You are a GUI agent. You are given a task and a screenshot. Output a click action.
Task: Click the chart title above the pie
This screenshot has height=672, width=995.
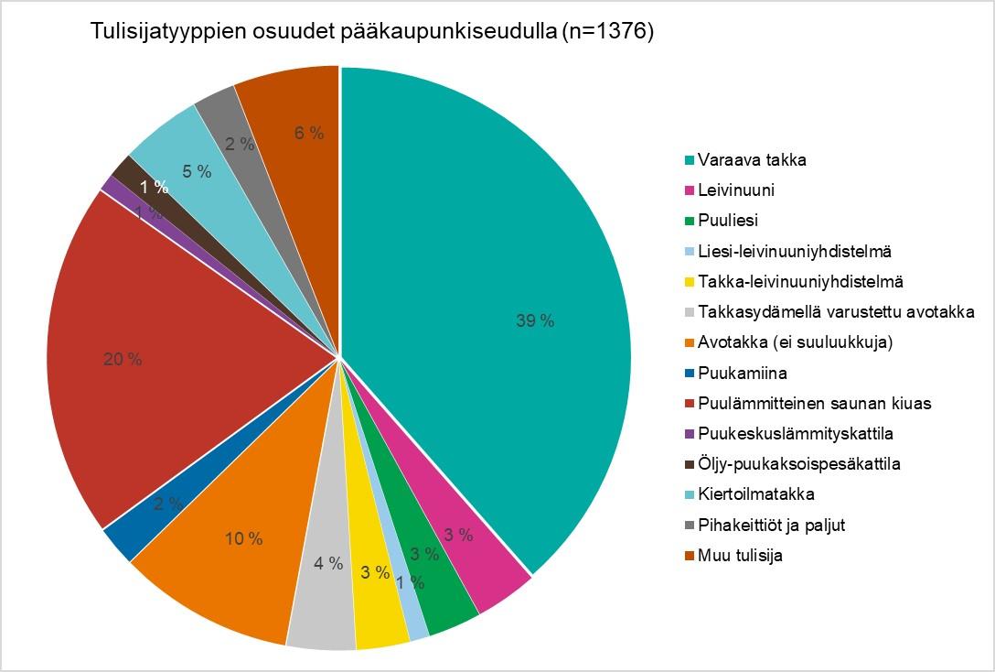click(x=372, y=32)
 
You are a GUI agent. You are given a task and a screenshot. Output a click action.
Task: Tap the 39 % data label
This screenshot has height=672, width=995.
click(x=535, y=320)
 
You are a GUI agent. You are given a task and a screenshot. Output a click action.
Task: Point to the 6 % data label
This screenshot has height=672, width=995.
click(x=309, y=133)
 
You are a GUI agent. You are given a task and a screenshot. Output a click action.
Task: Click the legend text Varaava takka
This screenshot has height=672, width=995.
click(x=752, y=159)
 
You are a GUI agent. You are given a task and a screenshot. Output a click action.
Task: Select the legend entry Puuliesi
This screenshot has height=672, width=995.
click(x=728, y=221)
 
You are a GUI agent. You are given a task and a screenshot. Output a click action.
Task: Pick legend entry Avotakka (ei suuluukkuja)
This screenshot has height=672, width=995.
click(x=795, y=342)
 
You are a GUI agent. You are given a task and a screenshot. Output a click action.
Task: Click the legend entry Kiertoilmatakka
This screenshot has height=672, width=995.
click(x=755, y=494)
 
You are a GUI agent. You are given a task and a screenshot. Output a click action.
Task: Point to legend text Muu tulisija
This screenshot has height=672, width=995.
click(x=740, y=555)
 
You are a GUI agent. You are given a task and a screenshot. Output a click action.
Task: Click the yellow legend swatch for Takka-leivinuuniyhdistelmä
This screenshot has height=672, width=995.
click(x=690, y=282)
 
